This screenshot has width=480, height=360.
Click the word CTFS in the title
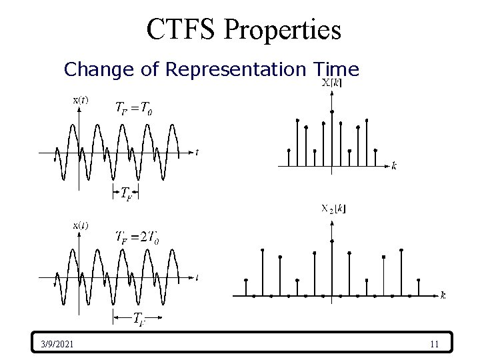(182, 29)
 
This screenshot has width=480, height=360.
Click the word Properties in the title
(283, 29)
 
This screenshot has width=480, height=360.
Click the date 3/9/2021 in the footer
(57, 344)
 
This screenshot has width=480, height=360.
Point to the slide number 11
(434, 344)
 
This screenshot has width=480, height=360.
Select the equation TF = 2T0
(137, 237)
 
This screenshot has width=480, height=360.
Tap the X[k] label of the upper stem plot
(333, 83)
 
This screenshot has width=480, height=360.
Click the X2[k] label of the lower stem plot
(333, 209)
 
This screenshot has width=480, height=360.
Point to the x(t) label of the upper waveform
(80, 100)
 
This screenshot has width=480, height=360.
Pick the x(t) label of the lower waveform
(80, 225)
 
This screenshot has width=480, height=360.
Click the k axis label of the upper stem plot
(394, 165)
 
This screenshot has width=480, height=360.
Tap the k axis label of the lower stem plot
(443, 295)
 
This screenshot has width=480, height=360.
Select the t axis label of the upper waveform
(197, 152)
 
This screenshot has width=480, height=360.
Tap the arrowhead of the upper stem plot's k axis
(385, 165)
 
